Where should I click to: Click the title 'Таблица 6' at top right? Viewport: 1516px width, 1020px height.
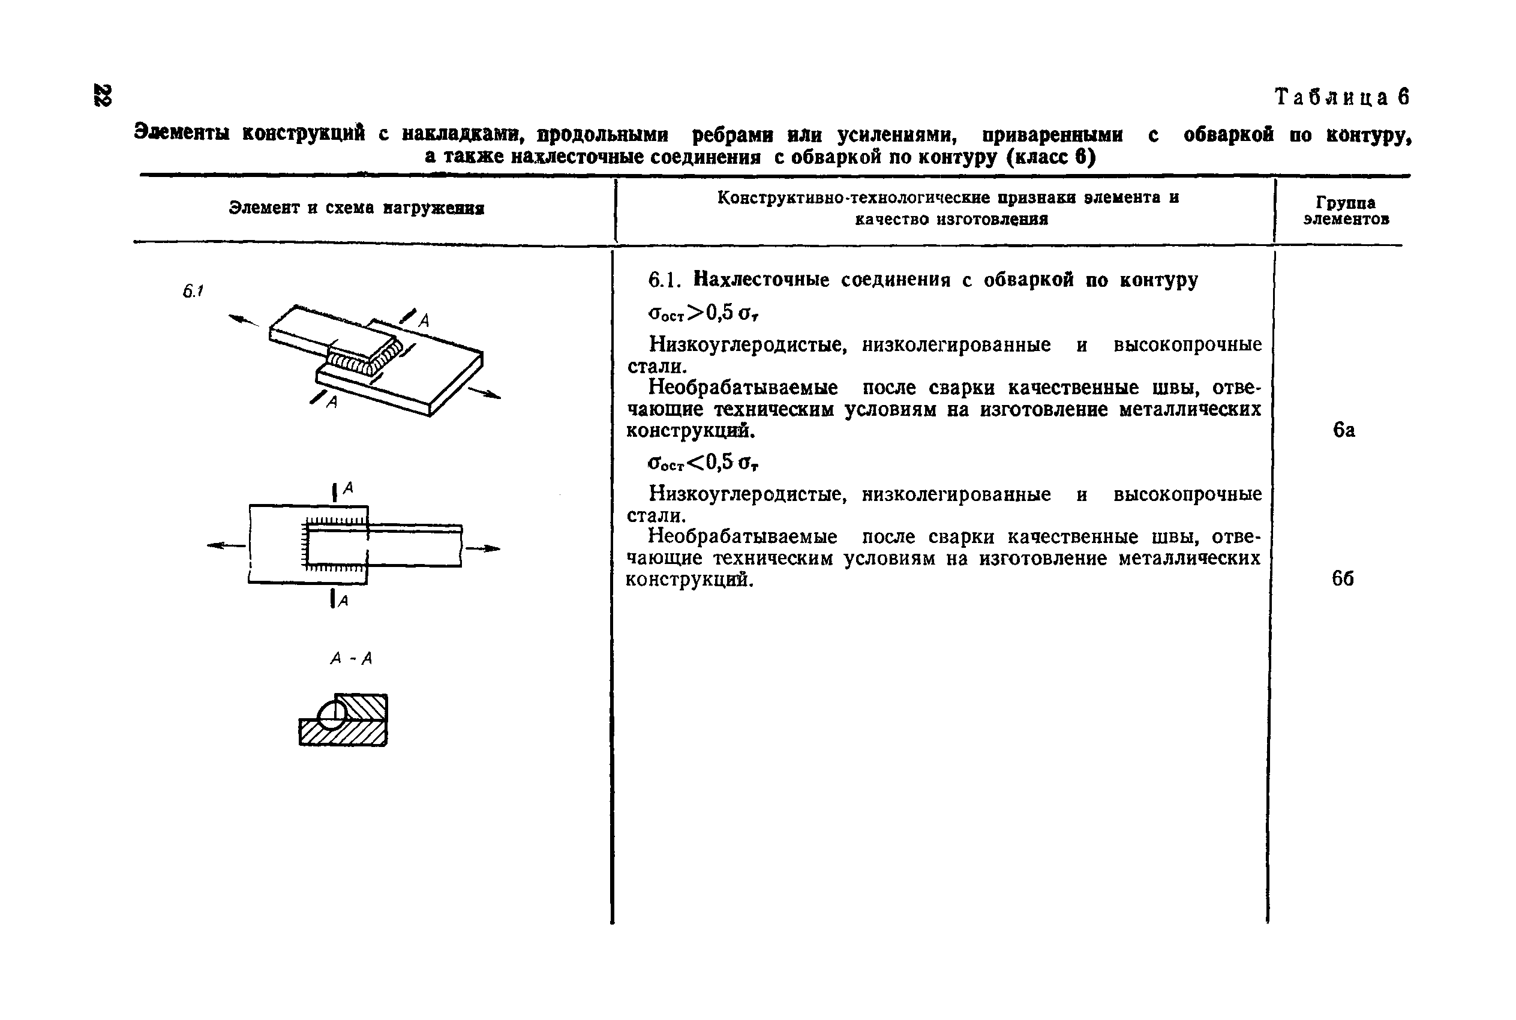pos(1341,98)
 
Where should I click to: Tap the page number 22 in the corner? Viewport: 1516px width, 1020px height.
pos(103,95)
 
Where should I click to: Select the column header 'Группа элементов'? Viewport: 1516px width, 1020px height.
pos(1346,211)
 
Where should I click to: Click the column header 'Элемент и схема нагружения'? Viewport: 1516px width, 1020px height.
pos(356,208)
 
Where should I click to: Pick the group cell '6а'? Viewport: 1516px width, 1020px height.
pos(1344,430)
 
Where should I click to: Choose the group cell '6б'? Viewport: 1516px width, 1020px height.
pos(1343,578)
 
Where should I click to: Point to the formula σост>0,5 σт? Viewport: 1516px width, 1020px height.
pos(704,314)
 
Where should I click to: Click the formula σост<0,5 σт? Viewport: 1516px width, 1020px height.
pos(703,463)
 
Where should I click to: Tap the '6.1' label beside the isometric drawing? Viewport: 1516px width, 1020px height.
pos(193,291)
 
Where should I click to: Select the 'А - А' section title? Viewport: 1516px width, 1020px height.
pos(351,659)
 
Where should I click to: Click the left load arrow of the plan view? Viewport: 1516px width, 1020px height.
pos(225,546)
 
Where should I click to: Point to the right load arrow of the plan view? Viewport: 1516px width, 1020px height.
pos(482,549)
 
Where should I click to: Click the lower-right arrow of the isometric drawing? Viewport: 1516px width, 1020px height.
pos(485,393)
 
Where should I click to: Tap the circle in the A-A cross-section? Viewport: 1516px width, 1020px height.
pos(332,713)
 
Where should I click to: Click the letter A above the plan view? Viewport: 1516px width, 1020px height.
pos(348,487)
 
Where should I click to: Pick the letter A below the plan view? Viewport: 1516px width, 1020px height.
pos(343,601)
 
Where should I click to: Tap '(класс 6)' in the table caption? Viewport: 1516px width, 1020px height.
pos(1050,157)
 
